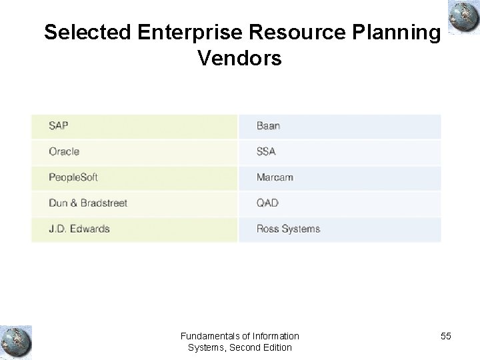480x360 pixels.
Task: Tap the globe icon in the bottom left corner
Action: [x=16, y=340]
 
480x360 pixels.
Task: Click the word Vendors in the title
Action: [x=240, y=59]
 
